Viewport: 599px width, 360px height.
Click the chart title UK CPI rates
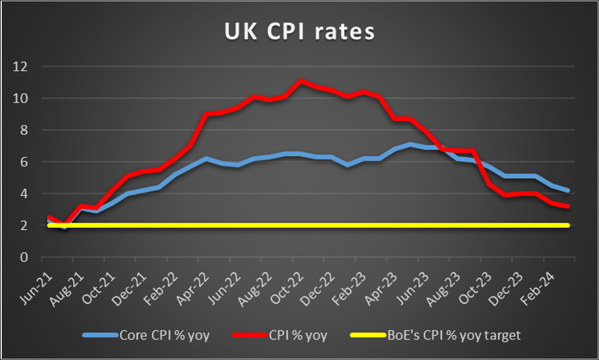click(x=299, y=32)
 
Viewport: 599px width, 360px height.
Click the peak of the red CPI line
click(x=301, y=81)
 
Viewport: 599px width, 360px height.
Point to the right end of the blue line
click(x=568, y=190)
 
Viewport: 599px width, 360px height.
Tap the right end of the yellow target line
click(x=568, y=225)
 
